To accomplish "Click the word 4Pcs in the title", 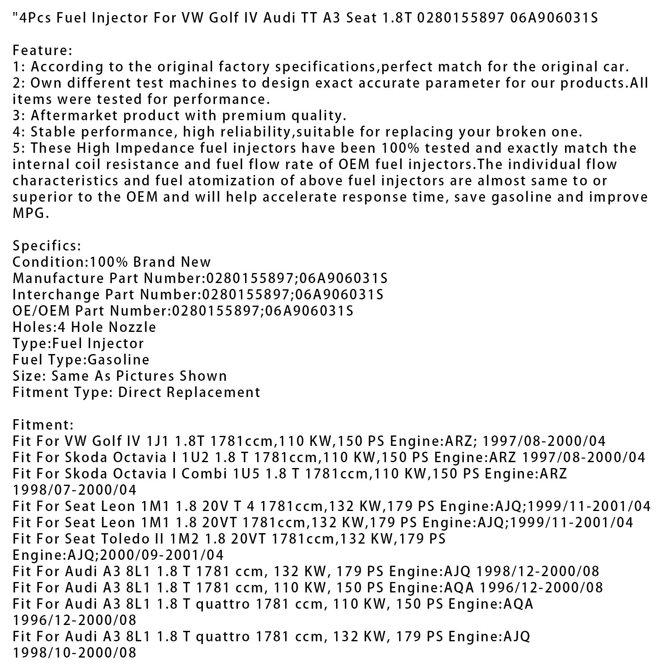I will coord(34,18).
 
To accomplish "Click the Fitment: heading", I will coord(43,425).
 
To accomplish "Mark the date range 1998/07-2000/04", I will coord(75,490).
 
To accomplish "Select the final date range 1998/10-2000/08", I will coord(75,653).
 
